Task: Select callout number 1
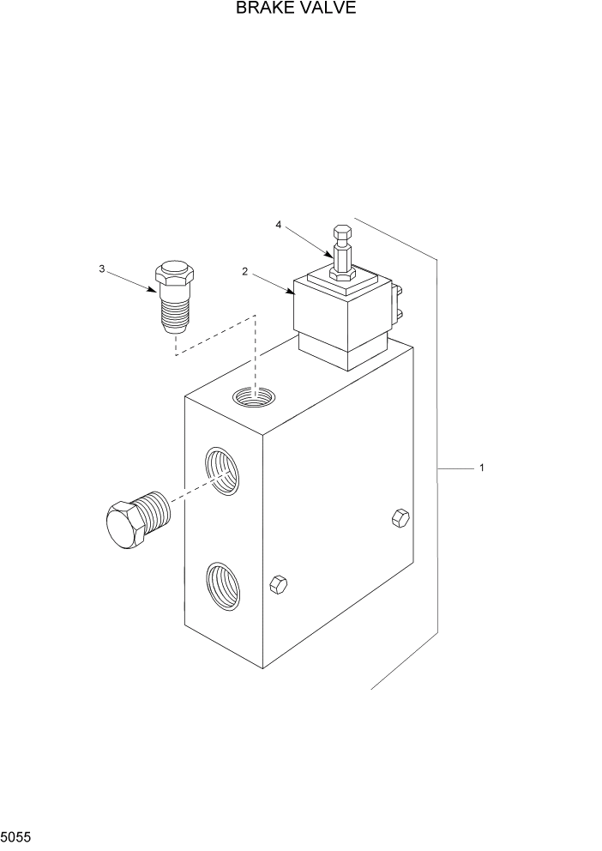pyautogui.click(x=482, y=468)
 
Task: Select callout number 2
pyautogui.click(x=245, y=272)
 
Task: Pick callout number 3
pyautogui.click(x=102, y=269)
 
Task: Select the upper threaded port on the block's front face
pyautogui.click(x=221, y=471)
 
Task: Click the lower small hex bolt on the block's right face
pyautogui.click(x=277, y=584)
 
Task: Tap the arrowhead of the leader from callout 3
pyautogui.click(x=157, y=291)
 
